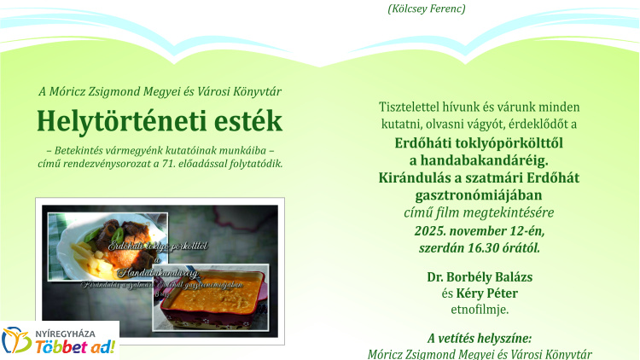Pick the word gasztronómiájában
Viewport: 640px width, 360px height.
(479, 195)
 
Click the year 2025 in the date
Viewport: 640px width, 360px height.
(432, 230)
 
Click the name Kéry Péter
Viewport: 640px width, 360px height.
(487, 293)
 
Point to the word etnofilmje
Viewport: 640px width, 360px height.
(479, 309)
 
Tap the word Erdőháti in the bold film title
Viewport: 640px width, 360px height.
(424, 142)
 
